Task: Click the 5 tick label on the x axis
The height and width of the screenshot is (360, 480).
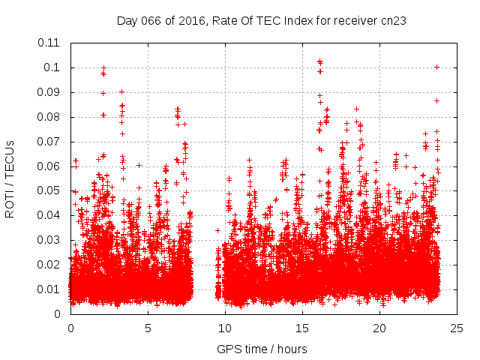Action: [148, 328]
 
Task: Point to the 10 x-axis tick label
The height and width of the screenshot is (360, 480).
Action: [225, 328]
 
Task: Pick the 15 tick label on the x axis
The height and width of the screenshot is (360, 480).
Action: [302, 328]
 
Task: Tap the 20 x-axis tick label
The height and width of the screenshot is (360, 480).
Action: [379, 328]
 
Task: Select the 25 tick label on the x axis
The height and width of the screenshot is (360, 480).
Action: [457, 328]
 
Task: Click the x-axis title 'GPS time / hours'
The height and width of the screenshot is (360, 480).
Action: [262, 349]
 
